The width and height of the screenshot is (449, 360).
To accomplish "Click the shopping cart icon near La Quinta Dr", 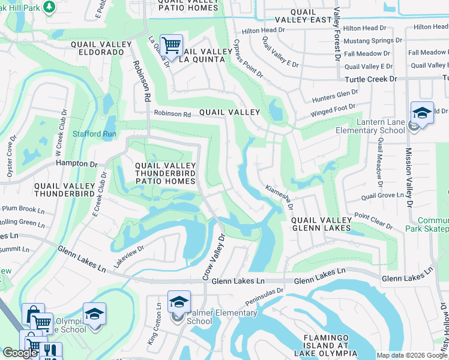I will tap(172, 45).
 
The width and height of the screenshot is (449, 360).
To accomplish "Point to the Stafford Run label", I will tap(94, 134).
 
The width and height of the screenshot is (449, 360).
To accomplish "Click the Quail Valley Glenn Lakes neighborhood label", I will tap(321, 224).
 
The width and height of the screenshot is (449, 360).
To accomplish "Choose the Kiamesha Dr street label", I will tap(279, 197).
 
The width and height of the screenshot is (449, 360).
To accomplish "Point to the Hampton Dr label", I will tap(76, 163).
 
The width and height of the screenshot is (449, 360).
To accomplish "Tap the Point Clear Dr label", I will tap(373, 221).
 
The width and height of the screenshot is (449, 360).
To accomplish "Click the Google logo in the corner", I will tap(20, 352).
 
